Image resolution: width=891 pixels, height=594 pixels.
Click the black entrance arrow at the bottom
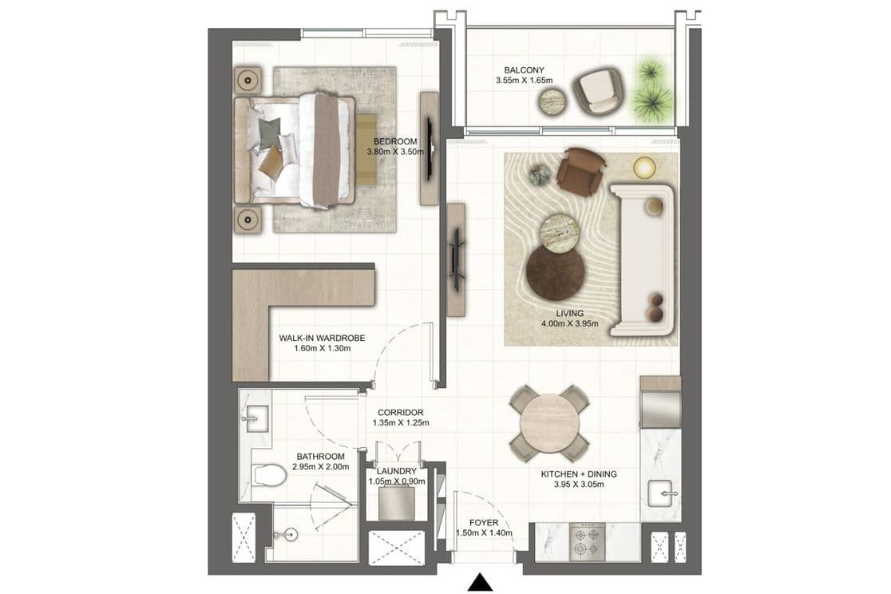click(480, 582)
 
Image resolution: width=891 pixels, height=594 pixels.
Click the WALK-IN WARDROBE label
click(322, 338)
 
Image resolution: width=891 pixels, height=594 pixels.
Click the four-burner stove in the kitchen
click(587, 541)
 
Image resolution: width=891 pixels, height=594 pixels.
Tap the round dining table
click(548, 422)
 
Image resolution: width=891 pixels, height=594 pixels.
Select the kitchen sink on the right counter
click(661, 495)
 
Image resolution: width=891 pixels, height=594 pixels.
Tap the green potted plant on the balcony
click(653, 89)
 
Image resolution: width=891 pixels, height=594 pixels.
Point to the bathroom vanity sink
click(255, 415)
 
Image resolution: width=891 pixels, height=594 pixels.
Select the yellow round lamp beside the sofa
click(644, 168)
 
